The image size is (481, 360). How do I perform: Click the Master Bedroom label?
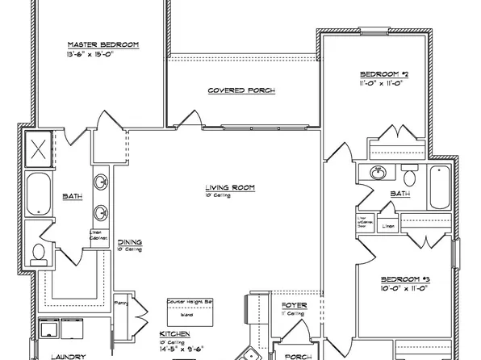click(x=102, y=44)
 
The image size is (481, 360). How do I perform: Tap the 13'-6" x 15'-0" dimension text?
click(x=102, y=55)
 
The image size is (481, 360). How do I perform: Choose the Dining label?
click(x=131, y=242)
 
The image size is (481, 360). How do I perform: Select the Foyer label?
click(x=291, y=305)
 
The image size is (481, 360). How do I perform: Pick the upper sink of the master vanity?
click(x=102, y=181)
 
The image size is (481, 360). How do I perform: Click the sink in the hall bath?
click(x=377, y=172)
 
